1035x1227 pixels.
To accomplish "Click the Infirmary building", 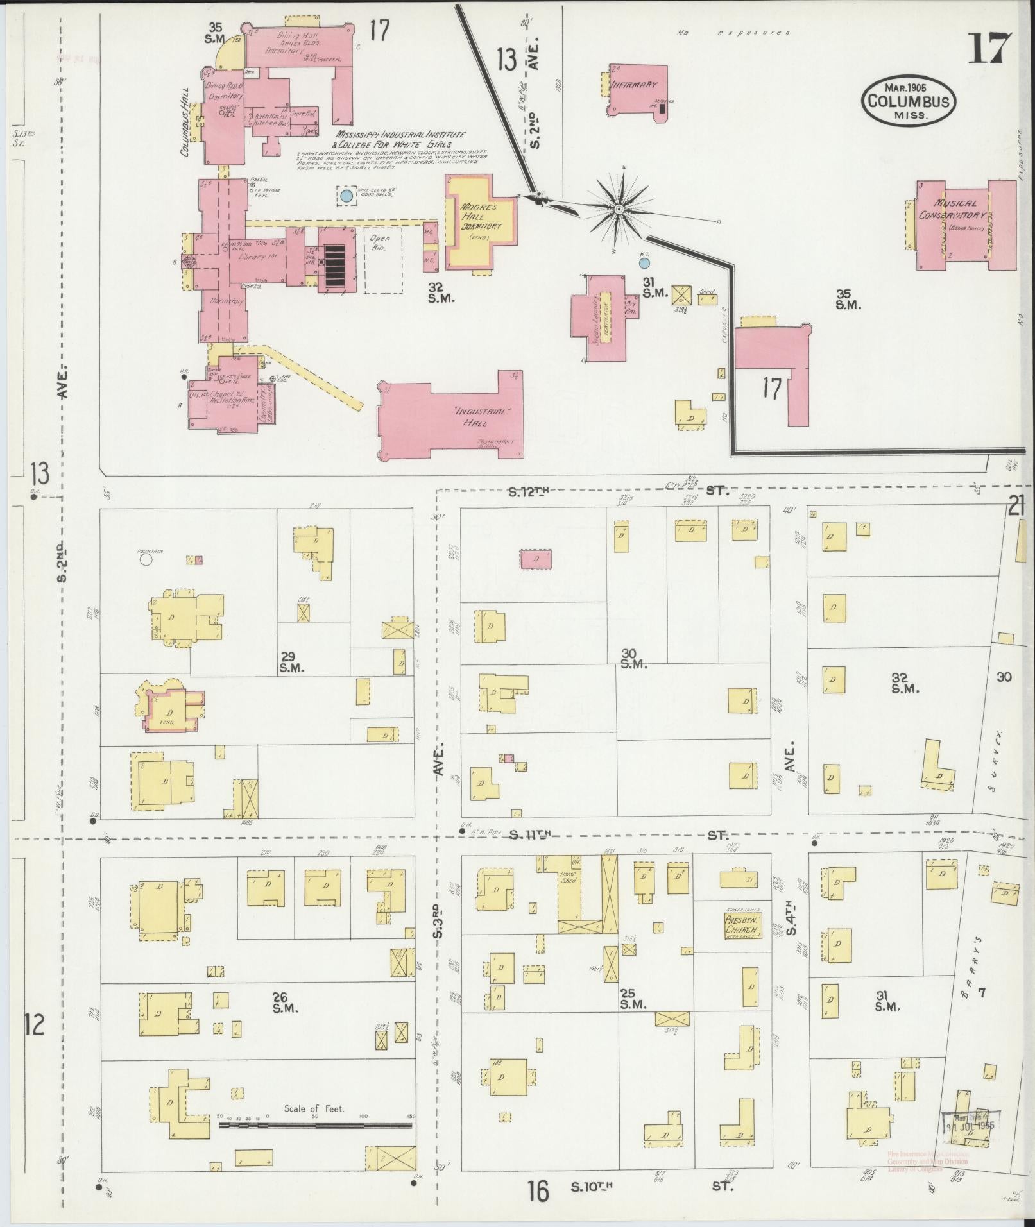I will (637, 90).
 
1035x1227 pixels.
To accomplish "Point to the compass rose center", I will (619, 210).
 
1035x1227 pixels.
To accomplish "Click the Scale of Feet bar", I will (315, 675).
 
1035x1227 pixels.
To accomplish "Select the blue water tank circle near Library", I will (346, 196).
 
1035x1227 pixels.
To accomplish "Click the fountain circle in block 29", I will (146, 559).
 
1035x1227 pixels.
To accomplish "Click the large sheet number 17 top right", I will (988, 48).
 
